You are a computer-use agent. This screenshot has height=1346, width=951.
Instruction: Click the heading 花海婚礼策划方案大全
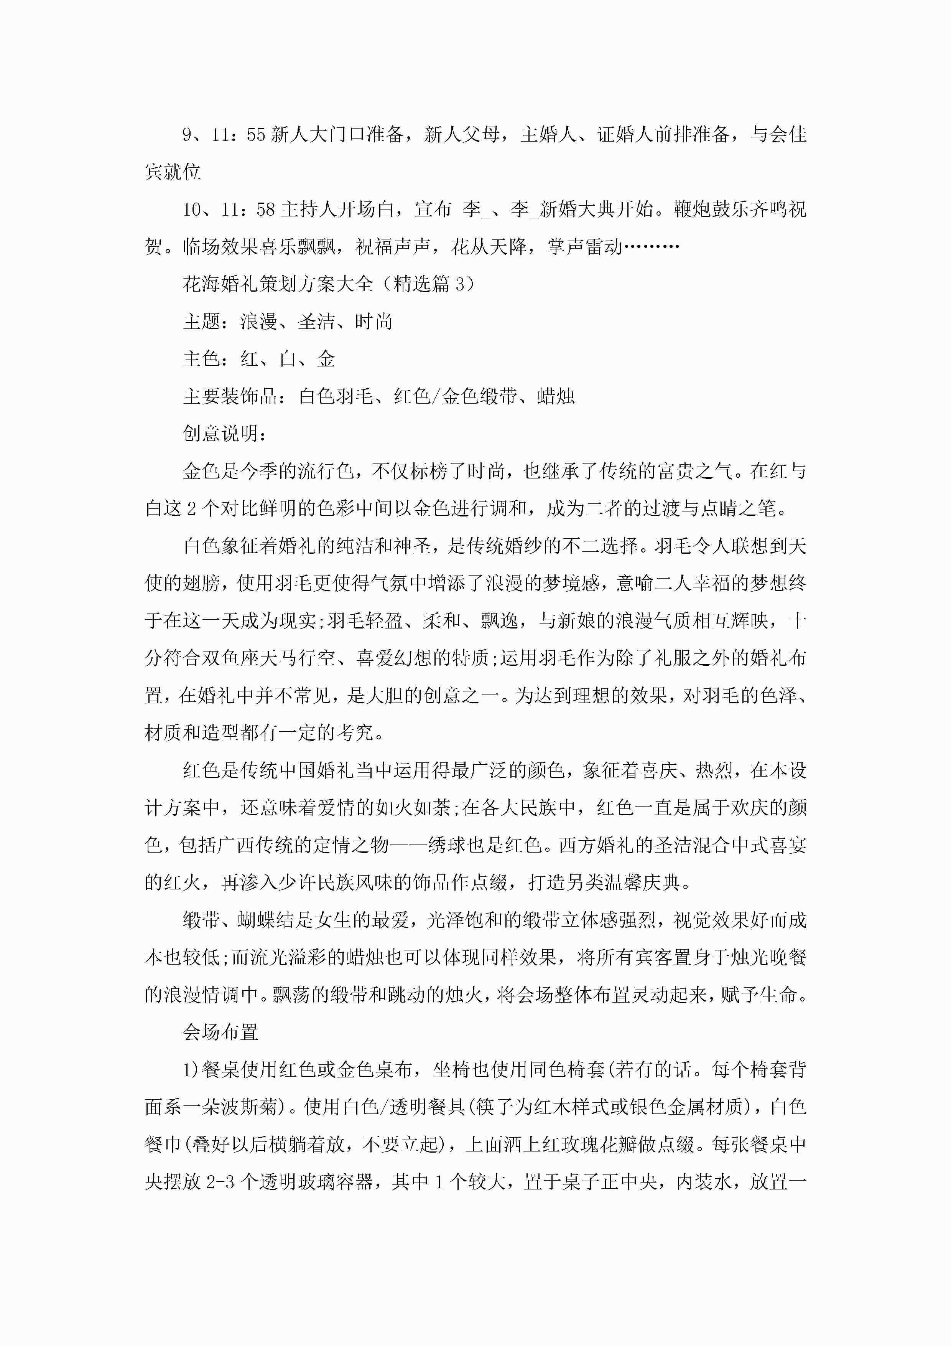click(278, 284)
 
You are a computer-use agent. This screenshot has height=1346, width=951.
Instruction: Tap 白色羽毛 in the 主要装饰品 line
click(336, 397)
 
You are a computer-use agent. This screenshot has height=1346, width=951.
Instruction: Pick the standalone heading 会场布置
click(220, 1033)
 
